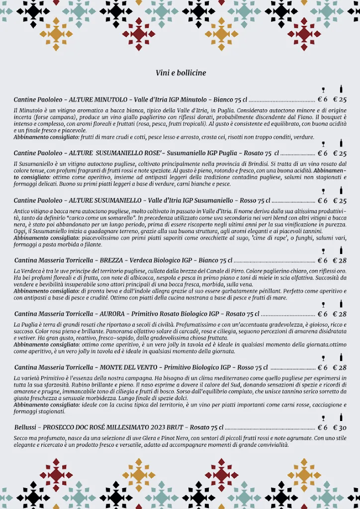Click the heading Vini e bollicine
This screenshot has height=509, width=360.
pos(180,73)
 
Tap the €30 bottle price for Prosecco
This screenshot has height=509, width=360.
pos(340,428)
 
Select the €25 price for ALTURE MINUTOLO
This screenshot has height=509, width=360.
pos(340,99)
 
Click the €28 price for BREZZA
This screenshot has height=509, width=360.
pos(340,260)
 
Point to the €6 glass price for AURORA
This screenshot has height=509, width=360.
pos(323,314)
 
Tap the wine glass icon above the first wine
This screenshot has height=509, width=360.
pos(323,89)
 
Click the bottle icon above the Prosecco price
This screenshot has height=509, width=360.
pos(341,418)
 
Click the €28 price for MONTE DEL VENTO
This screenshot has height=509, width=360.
pos(340,368)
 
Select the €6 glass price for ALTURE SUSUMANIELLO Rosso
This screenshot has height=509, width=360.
pos(323,201)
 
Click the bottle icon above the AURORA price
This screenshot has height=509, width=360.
pos(341,304)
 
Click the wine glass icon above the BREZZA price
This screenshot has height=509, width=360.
pos(323,251)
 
